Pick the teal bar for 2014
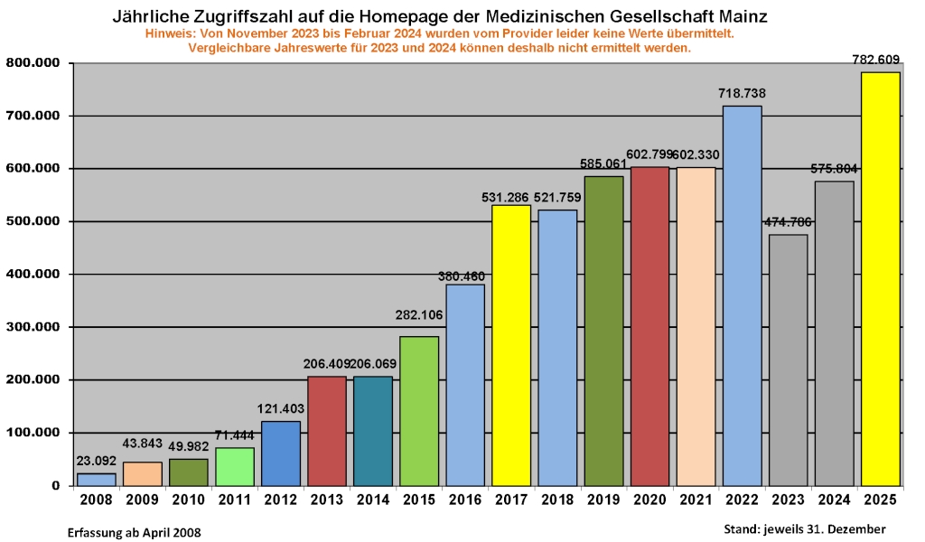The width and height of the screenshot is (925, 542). point(373,431)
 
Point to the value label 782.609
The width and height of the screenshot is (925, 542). point(876,60)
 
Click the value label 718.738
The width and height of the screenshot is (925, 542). point(742,93)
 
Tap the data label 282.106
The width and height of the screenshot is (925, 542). point(419,314)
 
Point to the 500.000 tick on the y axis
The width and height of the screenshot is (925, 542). point(33,221)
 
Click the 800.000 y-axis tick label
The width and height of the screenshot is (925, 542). point(33,63)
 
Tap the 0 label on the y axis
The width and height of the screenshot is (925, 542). point(56,486)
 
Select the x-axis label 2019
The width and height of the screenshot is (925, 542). point(603,500)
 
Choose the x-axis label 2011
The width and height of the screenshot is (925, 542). point(234,500)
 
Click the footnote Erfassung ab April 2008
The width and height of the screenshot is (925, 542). point(135,532)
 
